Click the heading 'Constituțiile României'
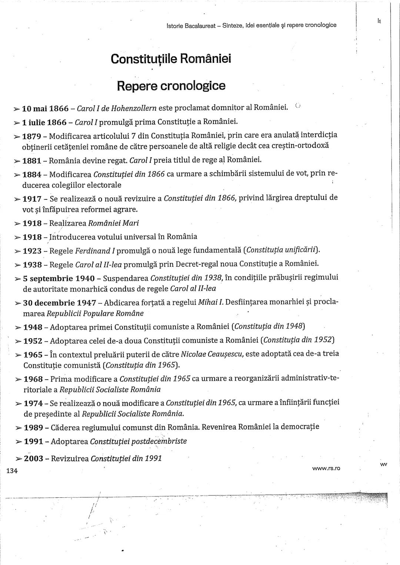coord(171,58)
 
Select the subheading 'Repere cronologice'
coord(171,85)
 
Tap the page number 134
coord(12,471)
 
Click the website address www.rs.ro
coord(326,468)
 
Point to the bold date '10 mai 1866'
coord(45,109)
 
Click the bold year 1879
coord(31,136)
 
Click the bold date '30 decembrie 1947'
coord(60,303)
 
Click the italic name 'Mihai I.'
coord(211,303)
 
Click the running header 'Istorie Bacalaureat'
coord(190,25)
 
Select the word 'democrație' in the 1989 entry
coord(300,427)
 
